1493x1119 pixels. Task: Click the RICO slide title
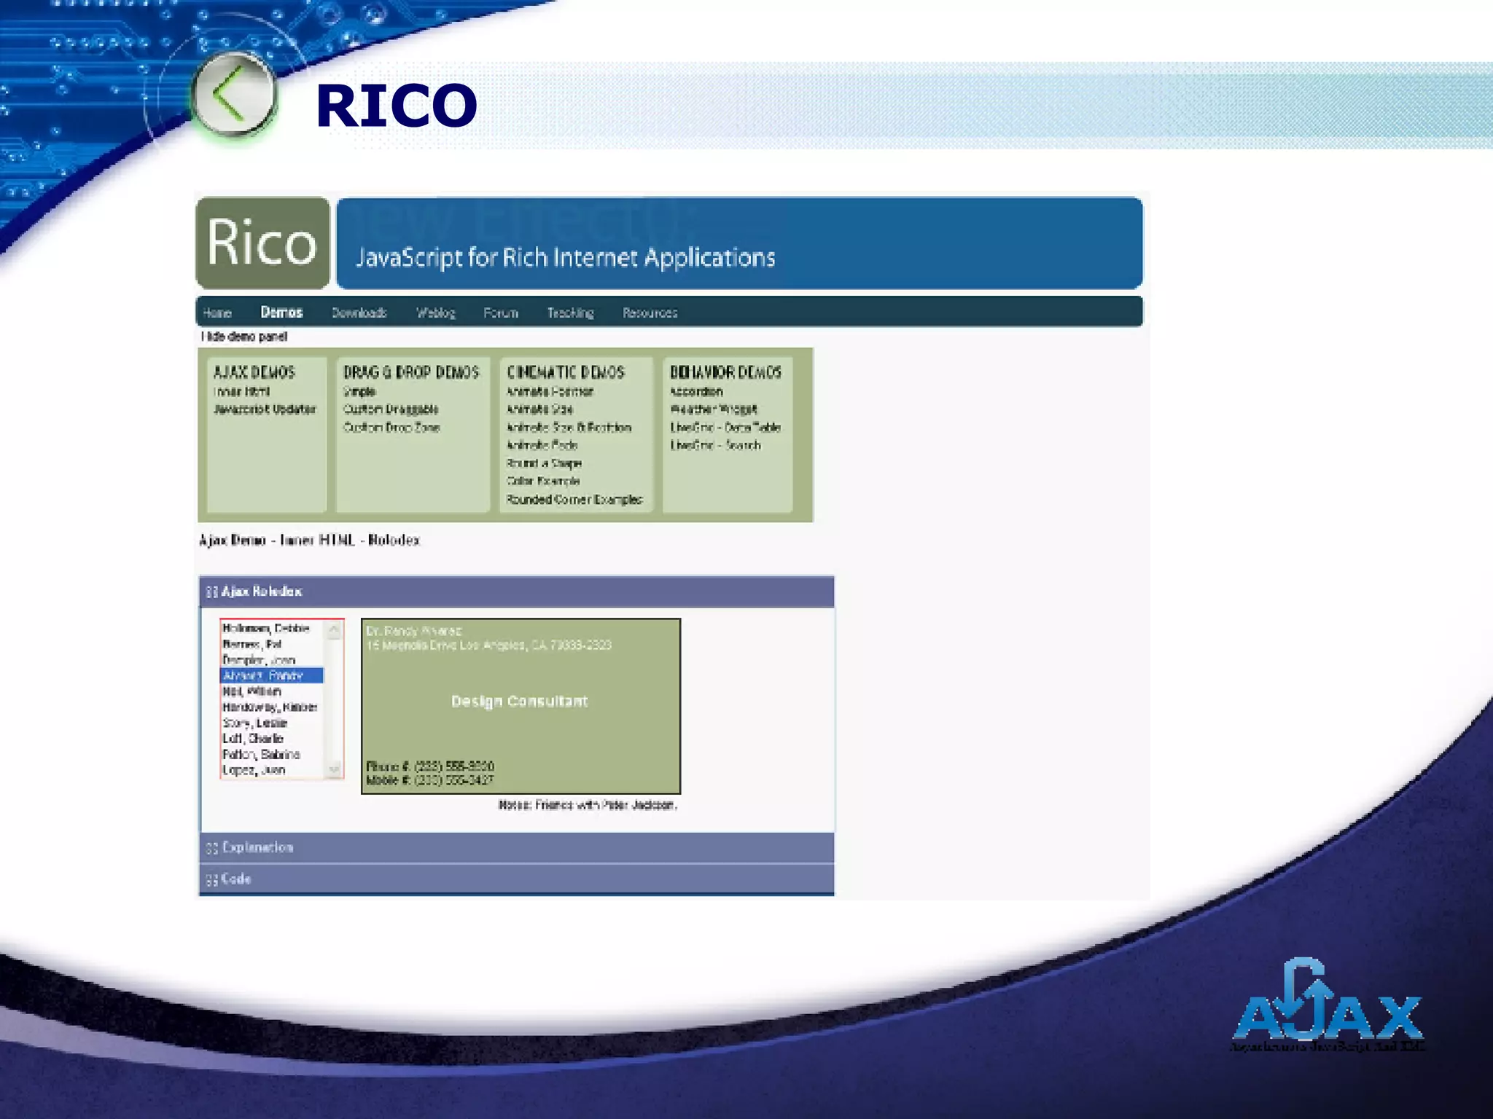pos(396,106)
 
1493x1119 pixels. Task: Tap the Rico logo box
pos(262,243)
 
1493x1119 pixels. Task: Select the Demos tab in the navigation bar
pos(281,313)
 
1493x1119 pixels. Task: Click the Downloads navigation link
pos(359,313)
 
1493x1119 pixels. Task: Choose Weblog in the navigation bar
pos(436,313)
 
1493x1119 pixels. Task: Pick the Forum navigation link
pos(501,313)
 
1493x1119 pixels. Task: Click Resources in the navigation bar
pos(650,313)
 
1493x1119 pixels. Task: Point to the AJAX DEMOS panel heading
pos(254,372)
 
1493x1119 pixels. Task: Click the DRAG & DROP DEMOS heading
pos(411,372)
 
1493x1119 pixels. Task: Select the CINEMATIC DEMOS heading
pos(566,372)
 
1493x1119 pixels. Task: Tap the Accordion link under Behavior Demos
pos(696,392)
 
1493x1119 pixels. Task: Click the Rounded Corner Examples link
pos(574,500)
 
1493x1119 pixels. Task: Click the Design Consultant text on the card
pos(519,702)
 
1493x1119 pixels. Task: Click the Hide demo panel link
pos(244,337)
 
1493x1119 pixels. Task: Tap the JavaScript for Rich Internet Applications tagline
pos(565,257)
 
